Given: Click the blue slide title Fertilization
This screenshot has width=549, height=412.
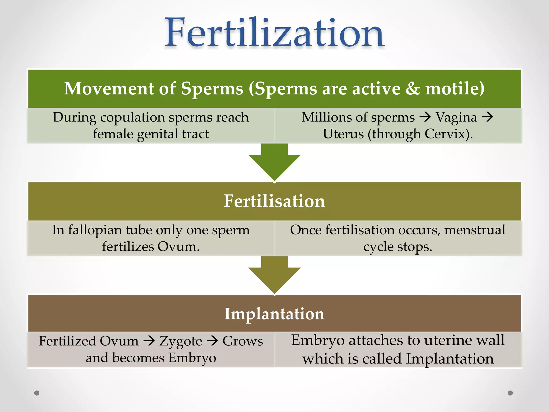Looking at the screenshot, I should point(274,33).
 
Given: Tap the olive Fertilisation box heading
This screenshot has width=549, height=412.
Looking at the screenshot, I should point(274,201).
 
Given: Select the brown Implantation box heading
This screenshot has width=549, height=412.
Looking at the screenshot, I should point(274,314).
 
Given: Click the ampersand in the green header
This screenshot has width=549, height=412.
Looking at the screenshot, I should point(413,89).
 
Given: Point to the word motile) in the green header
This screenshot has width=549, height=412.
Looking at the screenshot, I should point(455,89).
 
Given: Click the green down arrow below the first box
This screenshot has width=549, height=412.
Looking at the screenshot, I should point(274,162).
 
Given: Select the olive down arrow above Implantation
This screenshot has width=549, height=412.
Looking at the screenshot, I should point(274,275).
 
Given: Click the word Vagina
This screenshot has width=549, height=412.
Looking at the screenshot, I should point(456,117).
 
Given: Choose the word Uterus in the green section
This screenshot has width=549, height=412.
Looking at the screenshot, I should point(343,134).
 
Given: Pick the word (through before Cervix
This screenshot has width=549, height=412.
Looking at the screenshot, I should point(394,134).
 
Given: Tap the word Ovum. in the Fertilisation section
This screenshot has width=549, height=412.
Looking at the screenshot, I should point(179,247).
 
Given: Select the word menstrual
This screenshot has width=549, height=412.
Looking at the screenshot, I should point(475,230).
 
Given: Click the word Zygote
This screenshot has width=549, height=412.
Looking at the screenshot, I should point(181,341).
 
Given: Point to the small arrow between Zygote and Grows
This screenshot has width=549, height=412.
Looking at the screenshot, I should point(213,341).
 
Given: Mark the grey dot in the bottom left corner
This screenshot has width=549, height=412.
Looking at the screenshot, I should point(37,393).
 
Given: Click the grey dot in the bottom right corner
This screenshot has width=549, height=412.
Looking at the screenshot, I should point(510,393).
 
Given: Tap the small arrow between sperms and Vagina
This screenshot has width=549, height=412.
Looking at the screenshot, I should point(425,117).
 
